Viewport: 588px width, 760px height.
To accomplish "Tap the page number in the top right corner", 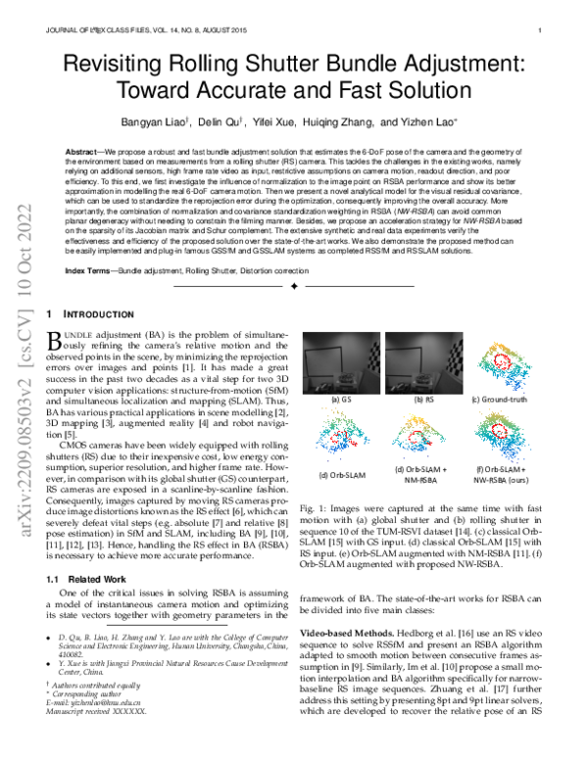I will (x=541, y=31).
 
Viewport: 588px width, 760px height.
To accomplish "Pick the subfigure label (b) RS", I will (x=423, y=401).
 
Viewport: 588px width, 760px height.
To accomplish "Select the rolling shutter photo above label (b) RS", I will (x=423, y=362).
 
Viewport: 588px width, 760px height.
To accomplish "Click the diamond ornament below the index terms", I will (x=294, y=286).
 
